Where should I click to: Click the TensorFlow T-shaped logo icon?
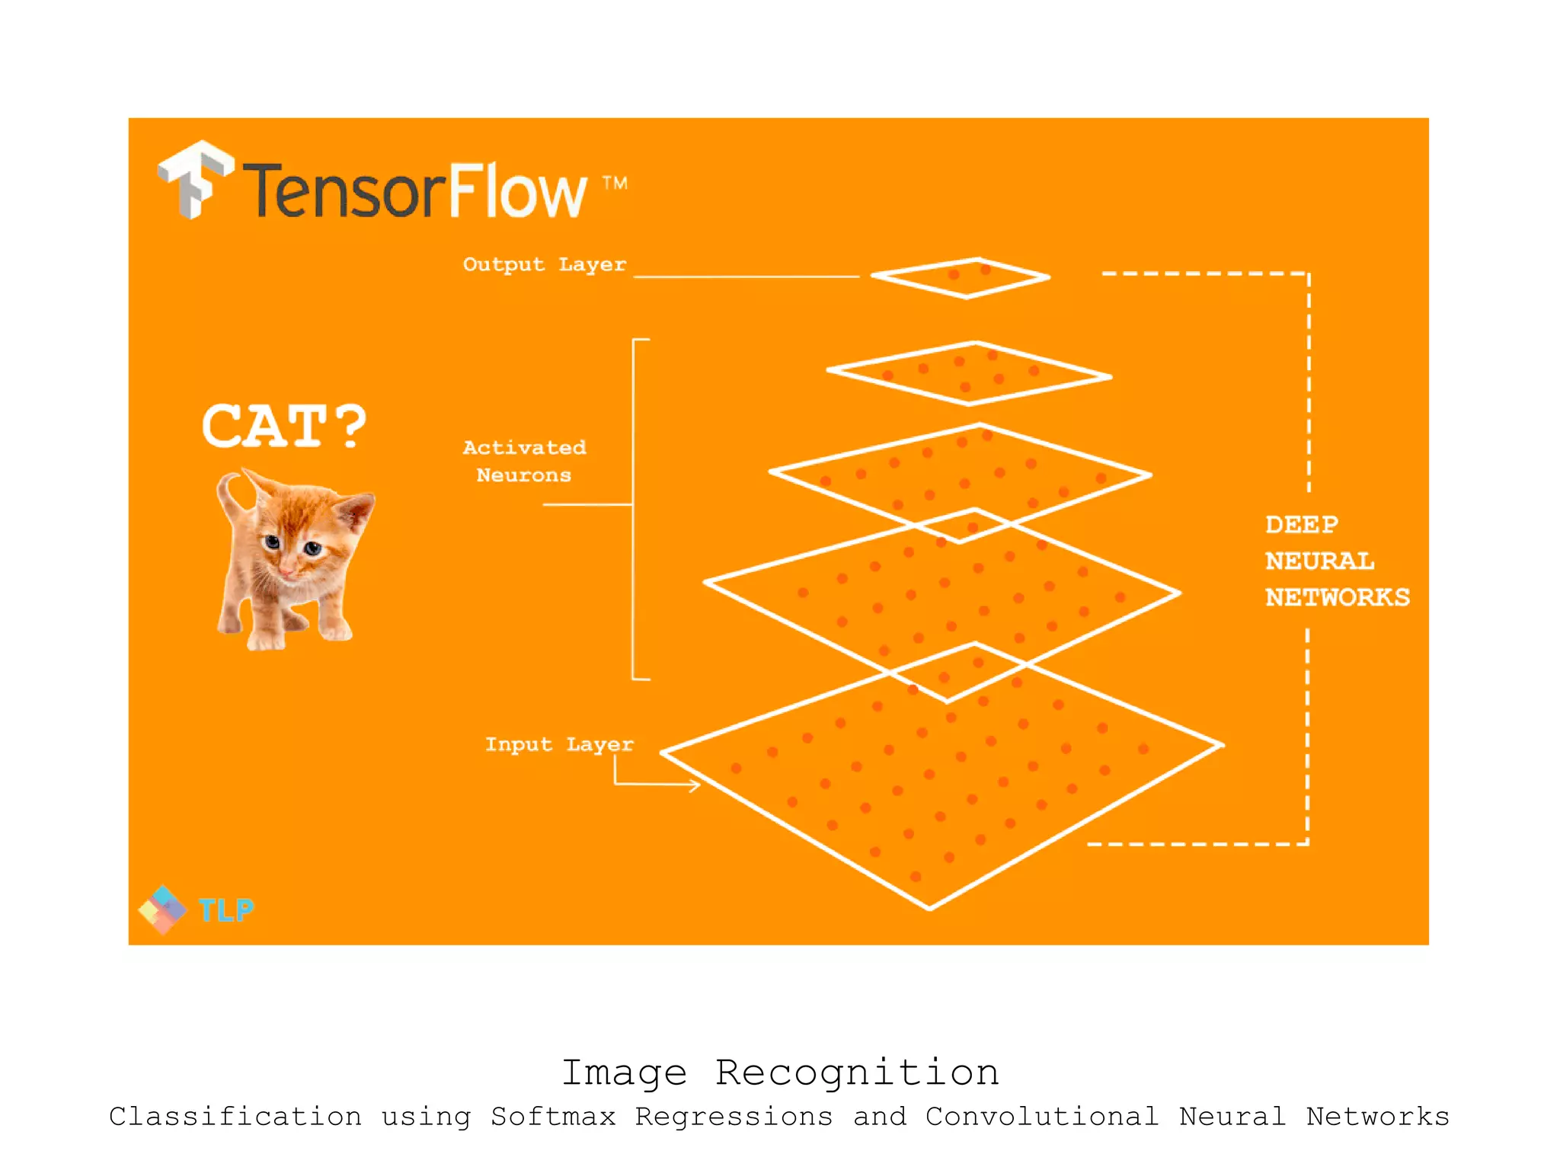[x=195, y=180]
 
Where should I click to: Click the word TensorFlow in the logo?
[x=415, y=190]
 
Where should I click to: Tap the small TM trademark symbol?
[x=615, y=183]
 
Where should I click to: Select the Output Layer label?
[x=545, y=264]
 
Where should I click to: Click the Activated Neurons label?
[x=524, y=461]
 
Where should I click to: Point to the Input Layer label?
[x=559, y=744]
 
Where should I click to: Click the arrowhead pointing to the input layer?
[x=694, y=785]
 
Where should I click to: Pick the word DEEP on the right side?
[x=1301, y=525]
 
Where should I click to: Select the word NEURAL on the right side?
[x=1319, y=561]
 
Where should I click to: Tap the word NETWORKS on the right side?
[x=1337, y=597]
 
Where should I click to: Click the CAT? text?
[x=284, y=426]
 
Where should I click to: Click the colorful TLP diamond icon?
[x=162, y=909]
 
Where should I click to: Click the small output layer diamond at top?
[x=961, y=278]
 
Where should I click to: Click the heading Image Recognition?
[x=780, y=1072]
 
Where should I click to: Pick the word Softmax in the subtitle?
[x=553, y=1117]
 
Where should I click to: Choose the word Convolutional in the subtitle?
[x=1041, y=1117]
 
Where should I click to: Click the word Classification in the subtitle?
[x=235, y=1117]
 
